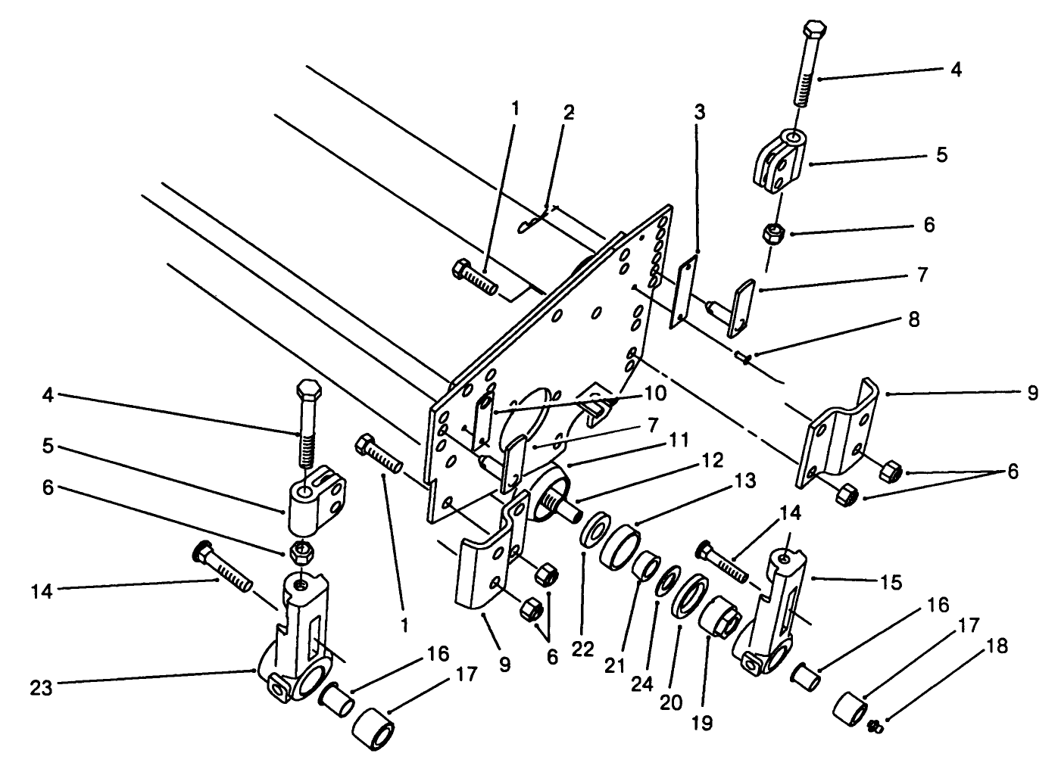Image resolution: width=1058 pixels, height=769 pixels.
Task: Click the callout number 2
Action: (569, 113)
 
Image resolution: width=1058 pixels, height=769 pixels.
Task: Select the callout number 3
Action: (699, 113)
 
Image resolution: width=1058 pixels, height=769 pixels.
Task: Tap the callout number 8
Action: (913, 320)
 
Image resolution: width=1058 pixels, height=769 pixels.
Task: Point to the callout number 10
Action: (654, 394)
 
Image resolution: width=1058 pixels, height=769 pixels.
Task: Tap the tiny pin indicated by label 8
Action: (742, 356)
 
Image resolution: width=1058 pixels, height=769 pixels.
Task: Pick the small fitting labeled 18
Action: (875, 727)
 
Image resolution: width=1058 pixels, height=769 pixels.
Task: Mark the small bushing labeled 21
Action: (645, 565)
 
